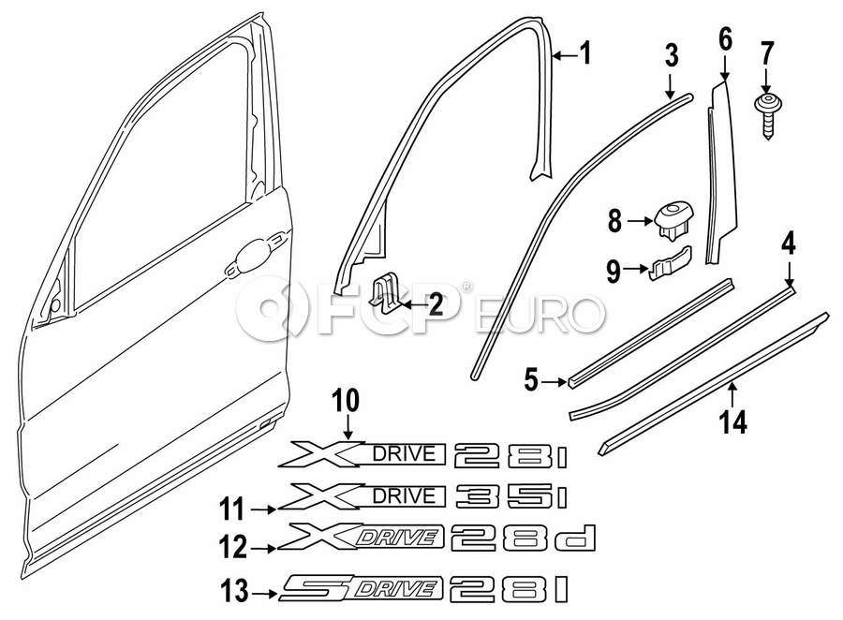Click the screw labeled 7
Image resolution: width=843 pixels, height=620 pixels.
[767, 114]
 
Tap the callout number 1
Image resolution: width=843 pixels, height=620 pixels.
[584, 53]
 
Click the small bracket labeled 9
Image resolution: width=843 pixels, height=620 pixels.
[671, 264]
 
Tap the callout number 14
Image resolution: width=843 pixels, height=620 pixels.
[733, 421]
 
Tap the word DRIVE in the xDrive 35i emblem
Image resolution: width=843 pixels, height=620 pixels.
[403, 495]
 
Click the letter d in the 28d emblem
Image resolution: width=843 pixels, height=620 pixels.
[576, 538]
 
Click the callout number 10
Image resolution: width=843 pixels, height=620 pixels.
[345, 401]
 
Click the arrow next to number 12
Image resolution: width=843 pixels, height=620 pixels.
[263, 549]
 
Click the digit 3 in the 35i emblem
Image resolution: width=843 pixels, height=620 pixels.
[476, 495]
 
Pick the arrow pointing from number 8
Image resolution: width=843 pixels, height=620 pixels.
[640, 221]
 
